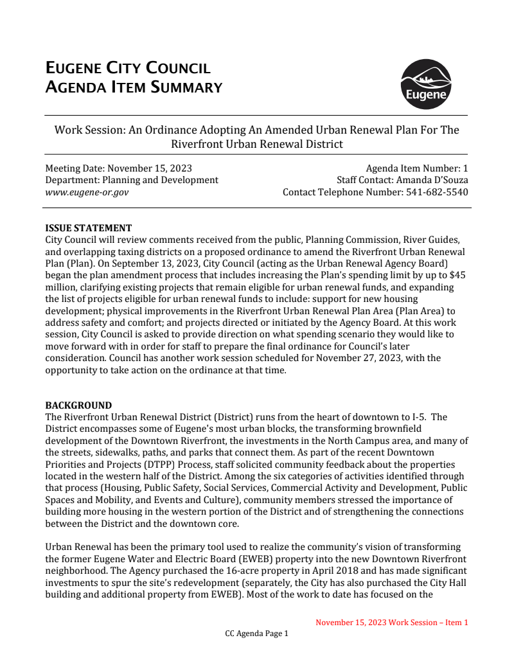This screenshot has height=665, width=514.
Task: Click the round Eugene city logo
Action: [425, 85]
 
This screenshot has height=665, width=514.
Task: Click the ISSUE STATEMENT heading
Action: [89, 228]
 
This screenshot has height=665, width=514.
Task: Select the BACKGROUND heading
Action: [78, 405]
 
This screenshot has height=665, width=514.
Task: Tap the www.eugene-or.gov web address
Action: [87, 192]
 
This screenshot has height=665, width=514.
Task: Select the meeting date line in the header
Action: [118, 168]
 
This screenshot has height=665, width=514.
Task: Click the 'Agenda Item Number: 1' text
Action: [417, 168]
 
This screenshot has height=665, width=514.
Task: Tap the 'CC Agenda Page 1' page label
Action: [256, 634]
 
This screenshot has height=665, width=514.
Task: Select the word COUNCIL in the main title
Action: [177, 68]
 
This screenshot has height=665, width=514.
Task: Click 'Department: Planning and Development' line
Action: [132, 180]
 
